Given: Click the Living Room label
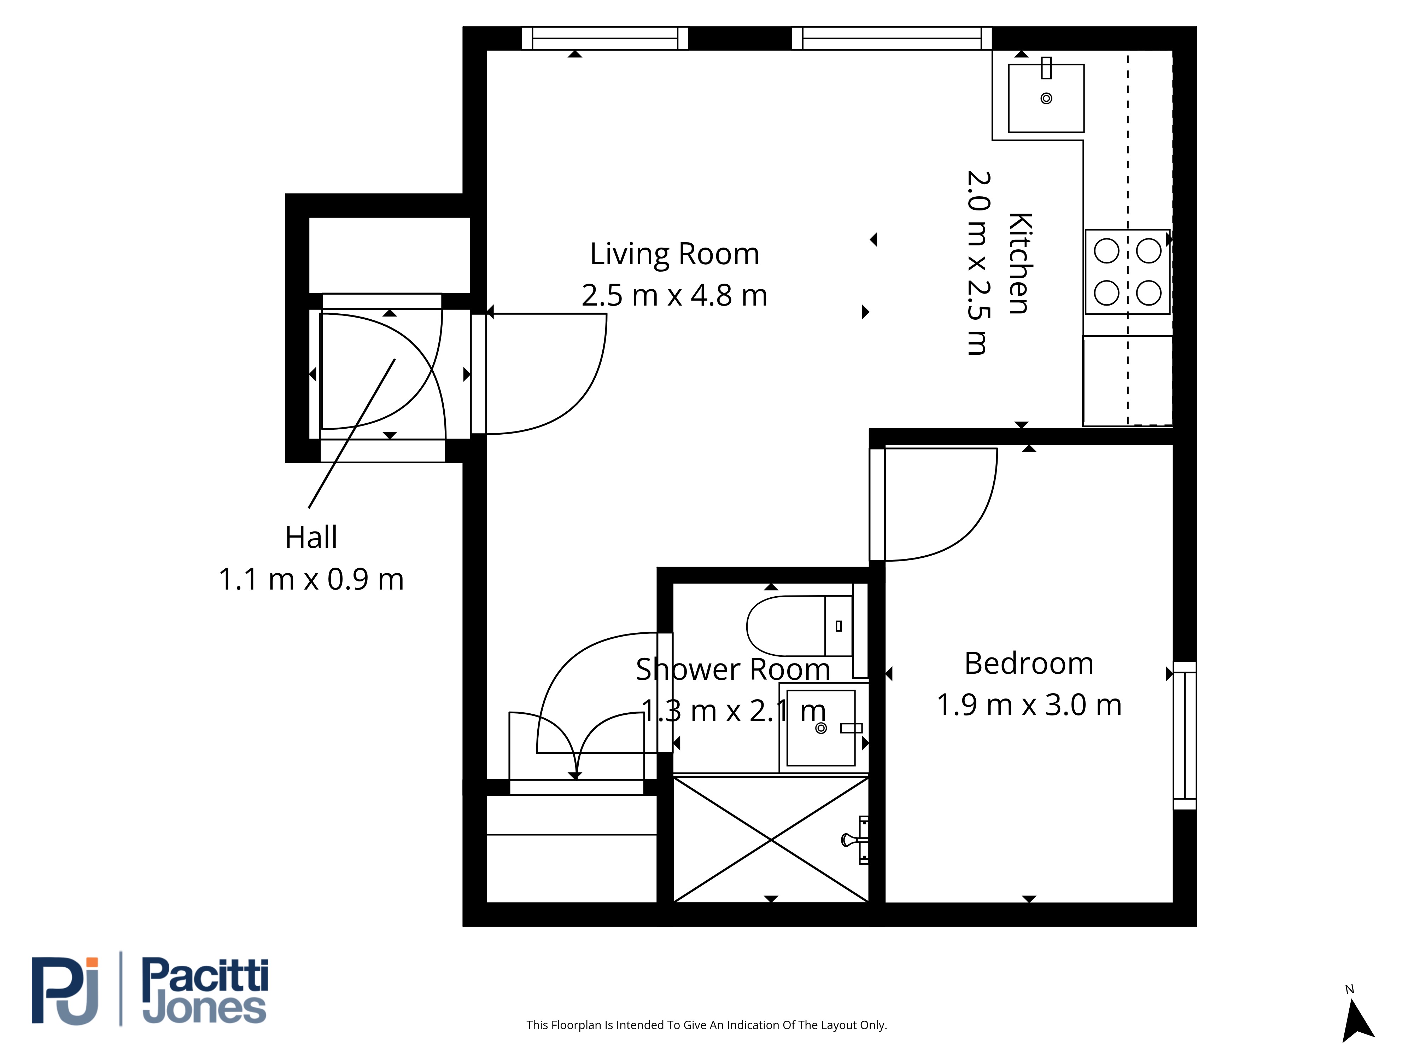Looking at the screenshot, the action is click(x=674, y=255).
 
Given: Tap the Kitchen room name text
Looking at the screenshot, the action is click(x=1021, y=263).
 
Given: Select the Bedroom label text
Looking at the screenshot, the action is click(x=1029, y=663).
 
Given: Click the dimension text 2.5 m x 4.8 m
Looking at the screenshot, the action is click(x=674, y=295).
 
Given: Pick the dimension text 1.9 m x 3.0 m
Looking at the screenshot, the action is click(x=1029, y=705).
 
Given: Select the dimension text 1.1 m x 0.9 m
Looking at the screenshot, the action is click(x=311, y=579).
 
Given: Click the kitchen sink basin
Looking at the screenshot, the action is click(x=1046, y=98).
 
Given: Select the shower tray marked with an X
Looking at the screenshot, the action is click(x=771, y=840).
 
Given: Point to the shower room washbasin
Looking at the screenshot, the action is click(x=821, y=728).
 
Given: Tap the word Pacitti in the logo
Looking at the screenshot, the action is click(x=205, y=975).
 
